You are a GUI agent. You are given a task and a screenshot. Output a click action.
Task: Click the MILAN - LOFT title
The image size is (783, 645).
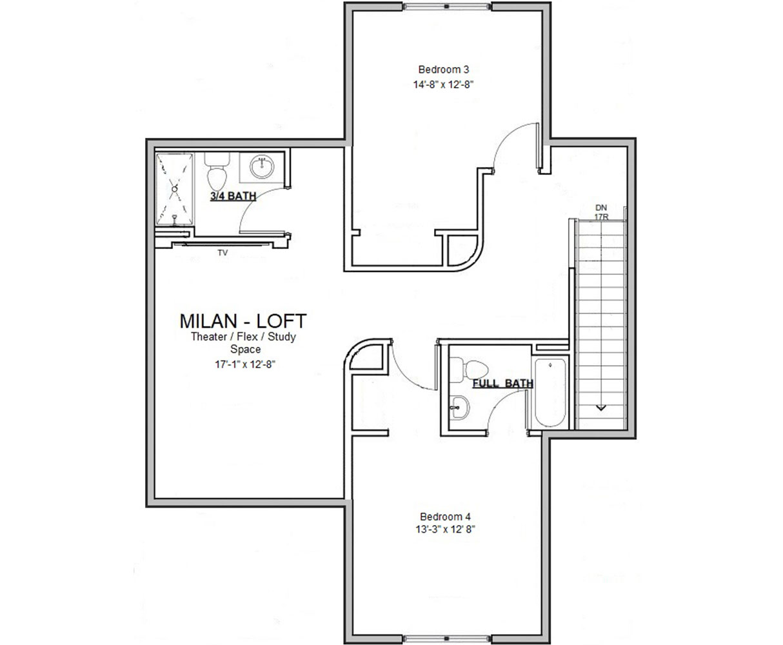(243, 321)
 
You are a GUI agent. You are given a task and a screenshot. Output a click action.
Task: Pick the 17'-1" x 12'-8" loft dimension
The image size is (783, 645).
(243, 364)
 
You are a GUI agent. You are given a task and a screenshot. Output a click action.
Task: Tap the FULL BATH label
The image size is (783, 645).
(503, 384)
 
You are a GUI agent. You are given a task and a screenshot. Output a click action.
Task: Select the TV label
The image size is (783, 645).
(223, 253)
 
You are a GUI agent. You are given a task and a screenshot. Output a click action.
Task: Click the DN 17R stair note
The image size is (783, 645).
(601, 212)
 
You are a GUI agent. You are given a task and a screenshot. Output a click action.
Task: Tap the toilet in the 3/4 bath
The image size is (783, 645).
(216, 173)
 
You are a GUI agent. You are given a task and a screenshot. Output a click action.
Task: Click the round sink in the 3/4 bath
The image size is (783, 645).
(262, 166)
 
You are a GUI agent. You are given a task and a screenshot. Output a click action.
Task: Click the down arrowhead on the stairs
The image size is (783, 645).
(601, 407)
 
